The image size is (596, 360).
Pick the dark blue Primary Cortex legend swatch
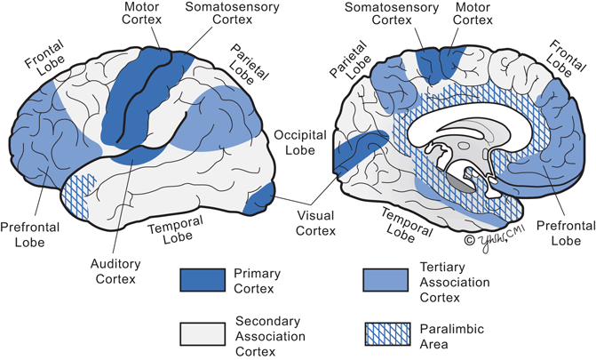click(x=204, y=279)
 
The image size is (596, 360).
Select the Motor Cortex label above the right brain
click(x=463, y=15)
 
